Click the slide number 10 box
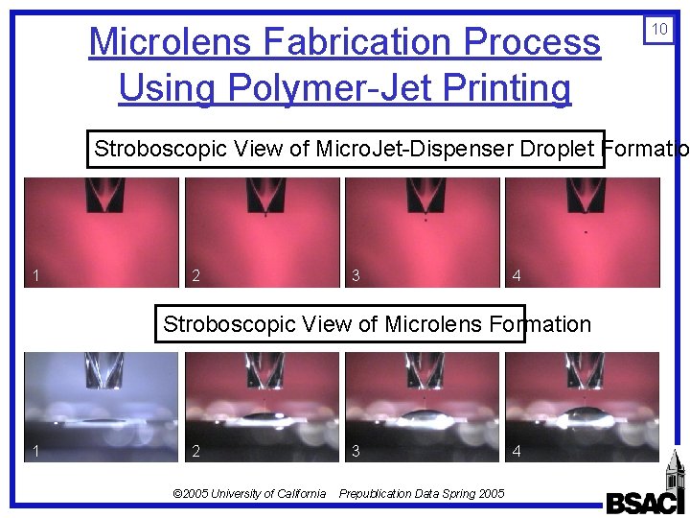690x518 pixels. (x=659, y=30)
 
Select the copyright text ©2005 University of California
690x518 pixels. (x=248, y=493)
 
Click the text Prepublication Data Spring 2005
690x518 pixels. (x=422, y=493)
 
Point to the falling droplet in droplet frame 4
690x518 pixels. (x=586, y=231)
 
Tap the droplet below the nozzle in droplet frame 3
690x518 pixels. (x=426, y=220)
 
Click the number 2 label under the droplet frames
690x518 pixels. (x=195, y=276)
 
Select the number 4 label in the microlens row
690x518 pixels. (x=517, y=451)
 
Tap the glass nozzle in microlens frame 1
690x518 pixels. (x=102, y=374)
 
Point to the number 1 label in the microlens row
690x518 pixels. (x=35, y=451)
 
